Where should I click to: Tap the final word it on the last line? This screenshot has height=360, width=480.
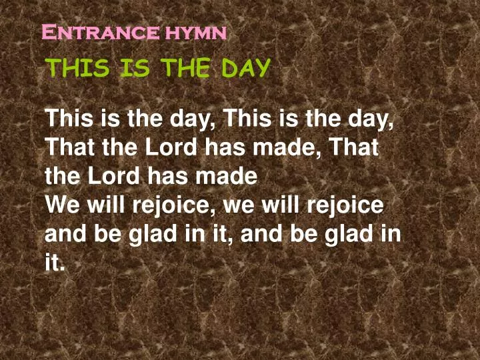coord(54,262)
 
